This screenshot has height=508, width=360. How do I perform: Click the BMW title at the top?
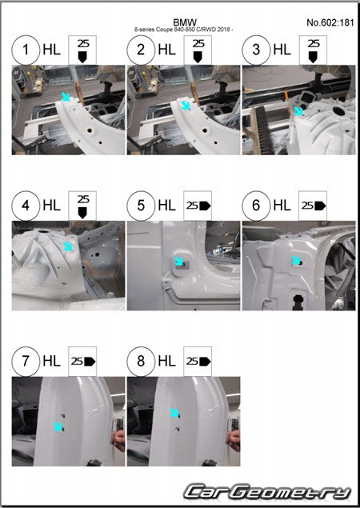pyautogui.click(x=185, y=22)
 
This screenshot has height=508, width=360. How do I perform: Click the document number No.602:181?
pyautogui.click(x=330, y=22)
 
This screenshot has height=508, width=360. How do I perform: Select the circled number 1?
pyautogui.click(x=26, y=50)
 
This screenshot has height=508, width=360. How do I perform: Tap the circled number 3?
pyautogui.click(x=256, y=50)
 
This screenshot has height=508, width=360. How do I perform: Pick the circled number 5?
pyautogui.click(x=141, y=206)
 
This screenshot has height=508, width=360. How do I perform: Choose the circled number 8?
pyautogui.click(x=141, y=362)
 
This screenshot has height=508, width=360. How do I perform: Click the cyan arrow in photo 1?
pyautogui.click(x=66, y=96)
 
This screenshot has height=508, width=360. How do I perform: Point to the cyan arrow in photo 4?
pyautogui.click(x=68, y=246)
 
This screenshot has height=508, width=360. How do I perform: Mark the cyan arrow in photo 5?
pyautogui.click(x=179, y=261)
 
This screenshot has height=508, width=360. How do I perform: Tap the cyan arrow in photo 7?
pyautogui.click(x=58, y=426)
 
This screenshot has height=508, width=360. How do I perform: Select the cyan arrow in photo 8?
pyautogui.click(x=174, y=413)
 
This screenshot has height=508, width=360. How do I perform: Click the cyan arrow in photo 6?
pyautogui.click(x=295, y=260)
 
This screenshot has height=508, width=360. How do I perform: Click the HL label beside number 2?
pyautogui.click(x=167, y=50)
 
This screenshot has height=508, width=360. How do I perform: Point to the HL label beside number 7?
pyautogui.click(x=51, y=362)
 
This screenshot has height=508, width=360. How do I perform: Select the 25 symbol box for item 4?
pyautogui.click(x=82, y=206)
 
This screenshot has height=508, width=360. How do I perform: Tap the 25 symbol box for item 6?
pyautogui.click(x=313, y=206)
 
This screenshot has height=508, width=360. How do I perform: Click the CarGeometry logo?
pyautogui.click(x=268, y=492)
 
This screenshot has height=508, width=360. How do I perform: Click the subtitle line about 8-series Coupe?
pyautogui.click(x=184, y=30)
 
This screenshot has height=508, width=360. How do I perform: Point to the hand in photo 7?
pyautogui.click(x=118, y=440)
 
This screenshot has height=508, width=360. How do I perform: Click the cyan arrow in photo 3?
pyautogui.click(x=298, y=111)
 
